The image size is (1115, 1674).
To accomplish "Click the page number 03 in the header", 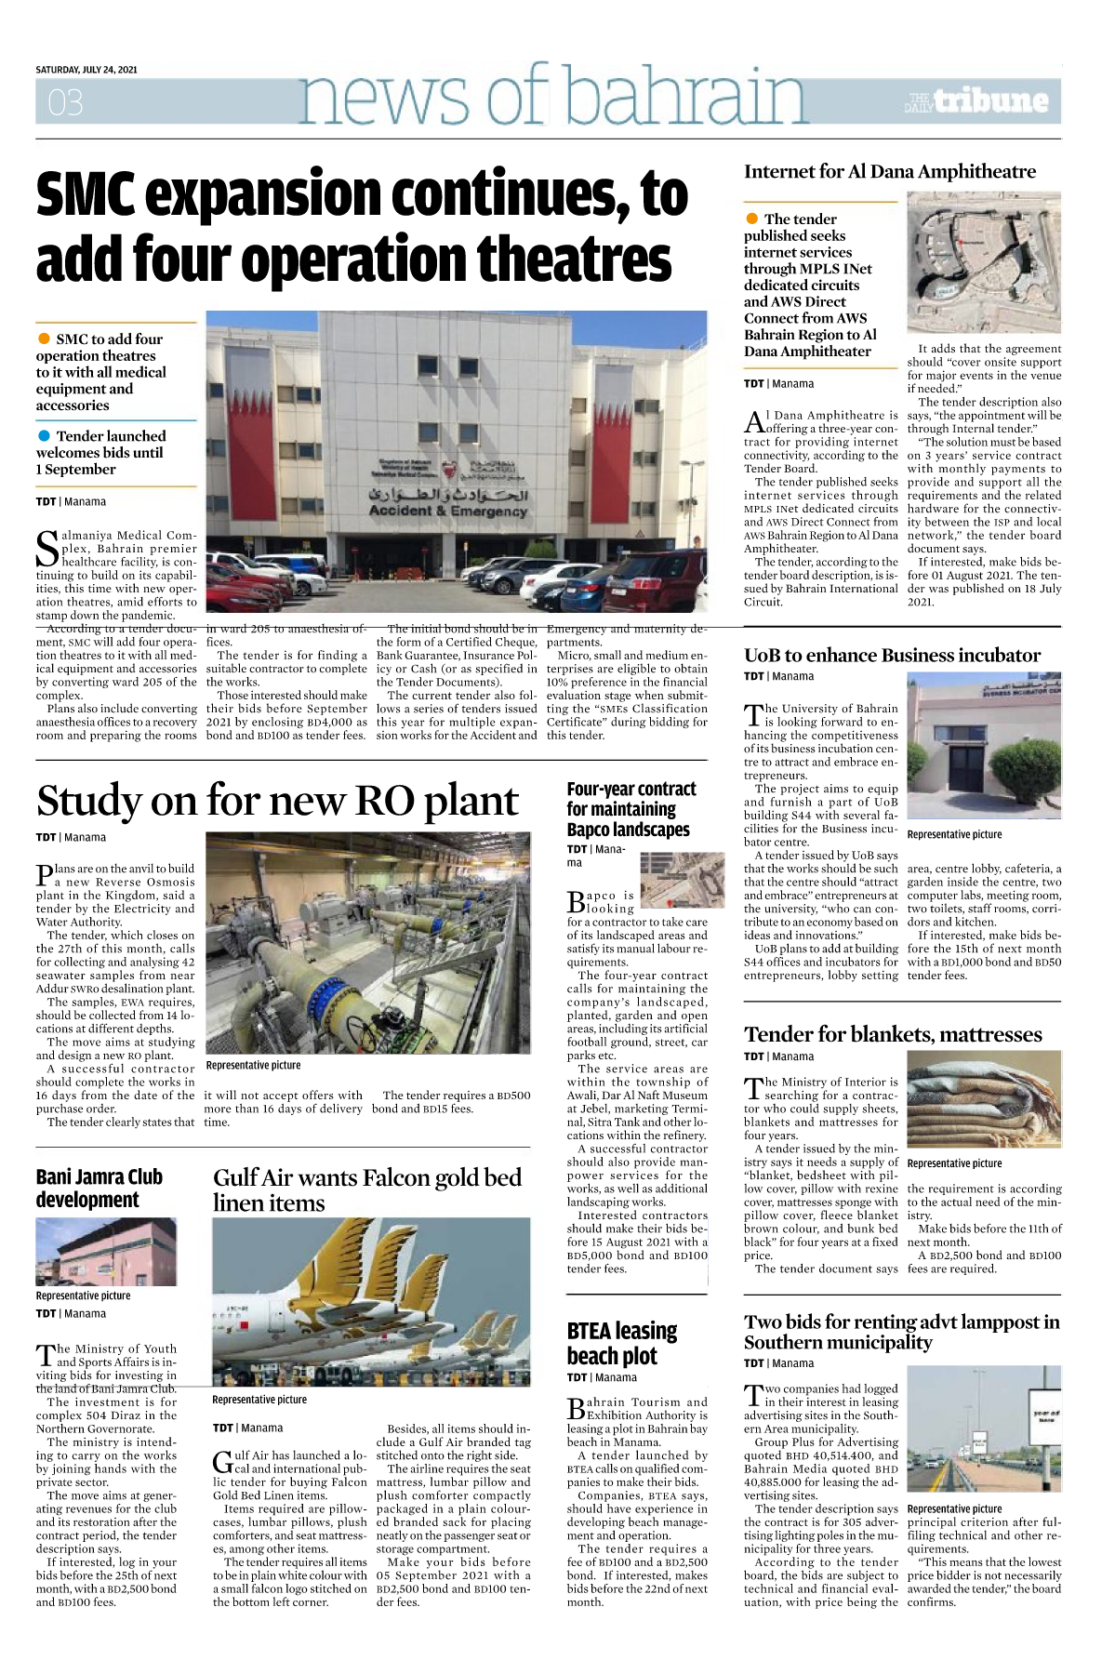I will pos(65,101).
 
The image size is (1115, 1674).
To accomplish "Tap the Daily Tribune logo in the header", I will pos(976,101).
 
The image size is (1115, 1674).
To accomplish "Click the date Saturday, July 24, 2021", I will pos(86,70).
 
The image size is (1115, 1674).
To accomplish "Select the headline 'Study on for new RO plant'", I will pos(277,801).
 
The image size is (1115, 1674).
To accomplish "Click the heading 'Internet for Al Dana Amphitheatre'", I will pos(889,171).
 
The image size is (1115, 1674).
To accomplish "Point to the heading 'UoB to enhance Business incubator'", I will pos(892,655).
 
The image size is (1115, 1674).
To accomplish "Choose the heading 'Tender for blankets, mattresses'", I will pos(893,1034).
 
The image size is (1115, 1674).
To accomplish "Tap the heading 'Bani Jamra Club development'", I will pos(100,1188).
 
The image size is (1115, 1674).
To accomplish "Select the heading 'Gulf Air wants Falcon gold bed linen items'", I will pos(367,1189).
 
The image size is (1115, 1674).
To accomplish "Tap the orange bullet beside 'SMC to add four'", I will pos(44,339).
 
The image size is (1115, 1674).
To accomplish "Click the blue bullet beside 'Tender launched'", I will pos(44,435).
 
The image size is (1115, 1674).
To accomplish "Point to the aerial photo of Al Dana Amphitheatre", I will pos(983,264).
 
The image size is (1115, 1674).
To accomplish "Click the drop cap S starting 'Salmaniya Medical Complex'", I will pos(47,549).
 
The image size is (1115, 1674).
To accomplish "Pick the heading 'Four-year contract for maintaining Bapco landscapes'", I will pos(631,809).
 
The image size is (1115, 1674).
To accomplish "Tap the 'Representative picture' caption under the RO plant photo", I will pos(253,1065).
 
